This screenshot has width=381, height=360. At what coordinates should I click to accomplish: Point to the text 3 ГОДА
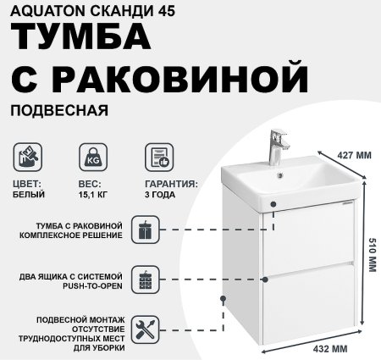coord(160,194)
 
